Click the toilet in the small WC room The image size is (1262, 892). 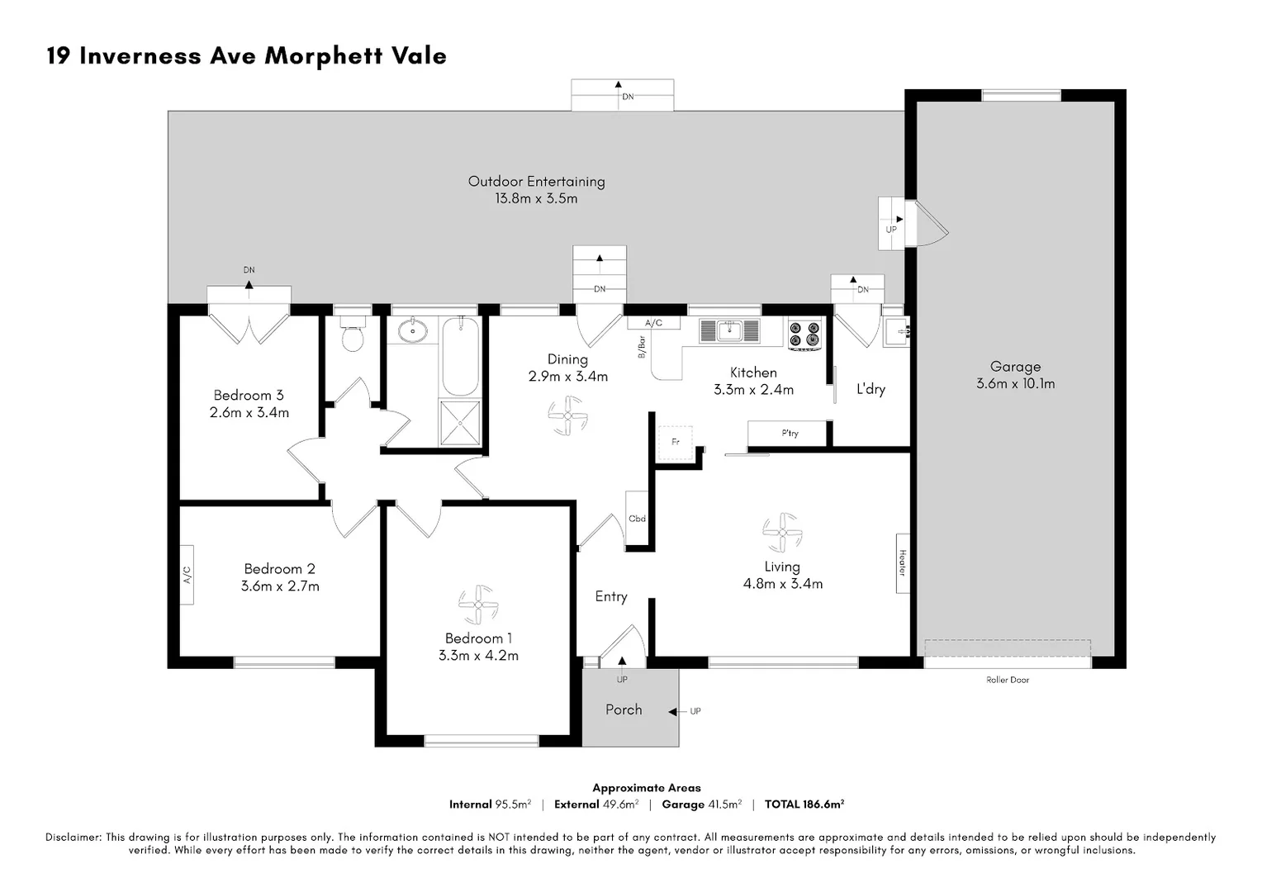click(x=353, y=337)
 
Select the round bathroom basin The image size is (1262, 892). click(x=411, y=331)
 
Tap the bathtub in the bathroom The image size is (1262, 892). click(x=460, y=357)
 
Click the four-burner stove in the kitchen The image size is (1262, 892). click(x=804, y=333)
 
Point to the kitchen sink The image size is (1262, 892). click(x=729, y=330)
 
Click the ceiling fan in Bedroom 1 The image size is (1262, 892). click(x=478, y=605)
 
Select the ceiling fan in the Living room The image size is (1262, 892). click(x=781, y=533)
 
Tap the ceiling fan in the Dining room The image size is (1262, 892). click(x=567, y=415)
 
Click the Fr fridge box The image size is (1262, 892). click(x=675, y=443)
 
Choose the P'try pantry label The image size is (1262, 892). click(x=790, y=434)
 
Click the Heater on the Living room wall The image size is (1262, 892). click(x=903, y=562)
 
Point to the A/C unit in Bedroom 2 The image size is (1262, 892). click(x=187, y=575)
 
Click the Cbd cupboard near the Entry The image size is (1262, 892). click(x=637, y=518)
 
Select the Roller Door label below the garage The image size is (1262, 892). click(x=1008, y=680)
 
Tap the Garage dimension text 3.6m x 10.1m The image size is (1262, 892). click(x=1015, y=383)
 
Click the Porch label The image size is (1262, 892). click(x=624, y=709)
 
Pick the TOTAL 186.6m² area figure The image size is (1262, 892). click(x=804, y=804)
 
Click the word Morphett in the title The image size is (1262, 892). click(x=315, y=56)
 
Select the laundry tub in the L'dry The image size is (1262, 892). click(x=895, y=332)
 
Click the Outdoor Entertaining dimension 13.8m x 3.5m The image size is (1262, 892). click(x=536, y=198)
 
